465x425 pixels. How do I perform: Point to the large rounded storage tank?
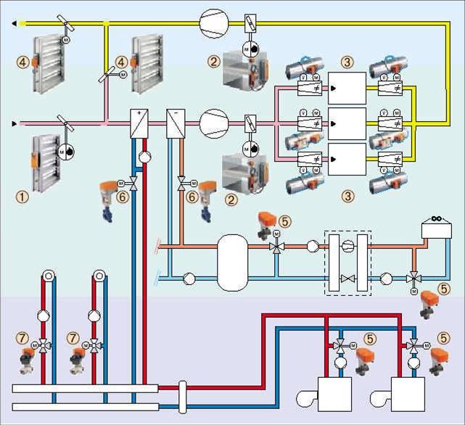point(233,263)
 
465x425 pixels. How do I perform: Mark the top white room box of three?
point(347,88)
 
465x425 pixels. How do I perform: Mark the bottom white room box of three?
point(347,159)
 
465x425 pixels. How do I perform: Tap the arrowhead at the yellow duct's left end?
point(15,23)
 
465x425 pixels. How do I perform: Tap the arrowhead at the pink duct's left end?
point(15,123)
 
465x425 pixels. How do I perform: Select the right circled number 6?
point(192,196)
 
